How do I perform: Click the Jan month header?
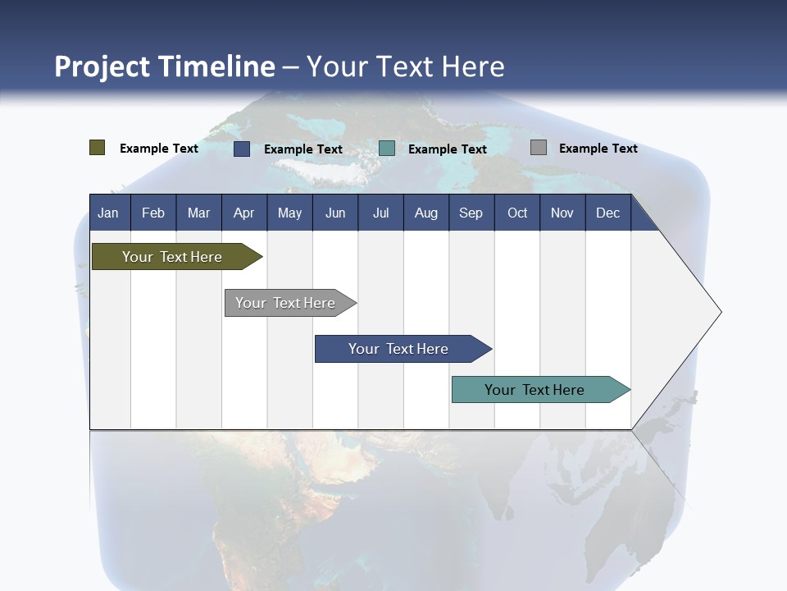(108, 213)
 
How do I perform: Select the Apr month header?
(243, 213)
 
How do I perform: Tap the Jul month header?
(380, 213)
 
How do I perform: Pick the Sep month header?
(471, 213)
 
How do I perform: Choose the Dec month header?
(607, 213)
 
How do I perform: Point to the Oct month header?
(517, 213)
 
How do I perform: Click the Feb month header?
(153, 213)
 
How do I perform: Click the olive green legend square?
(98, 148)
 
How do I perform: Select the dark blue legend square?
(242, 149)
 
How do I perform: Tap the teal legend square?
(387, 148)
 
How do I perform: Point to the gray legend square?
(539, 148)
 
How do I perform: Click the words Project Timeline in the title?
(165, 66)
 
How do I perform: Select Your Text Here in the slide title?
(406, 66)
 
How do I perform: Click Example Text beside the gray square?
(598, 149)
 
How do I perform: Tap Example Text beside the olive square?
(159, 149)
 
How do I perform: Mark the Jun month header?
(334, 213)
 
